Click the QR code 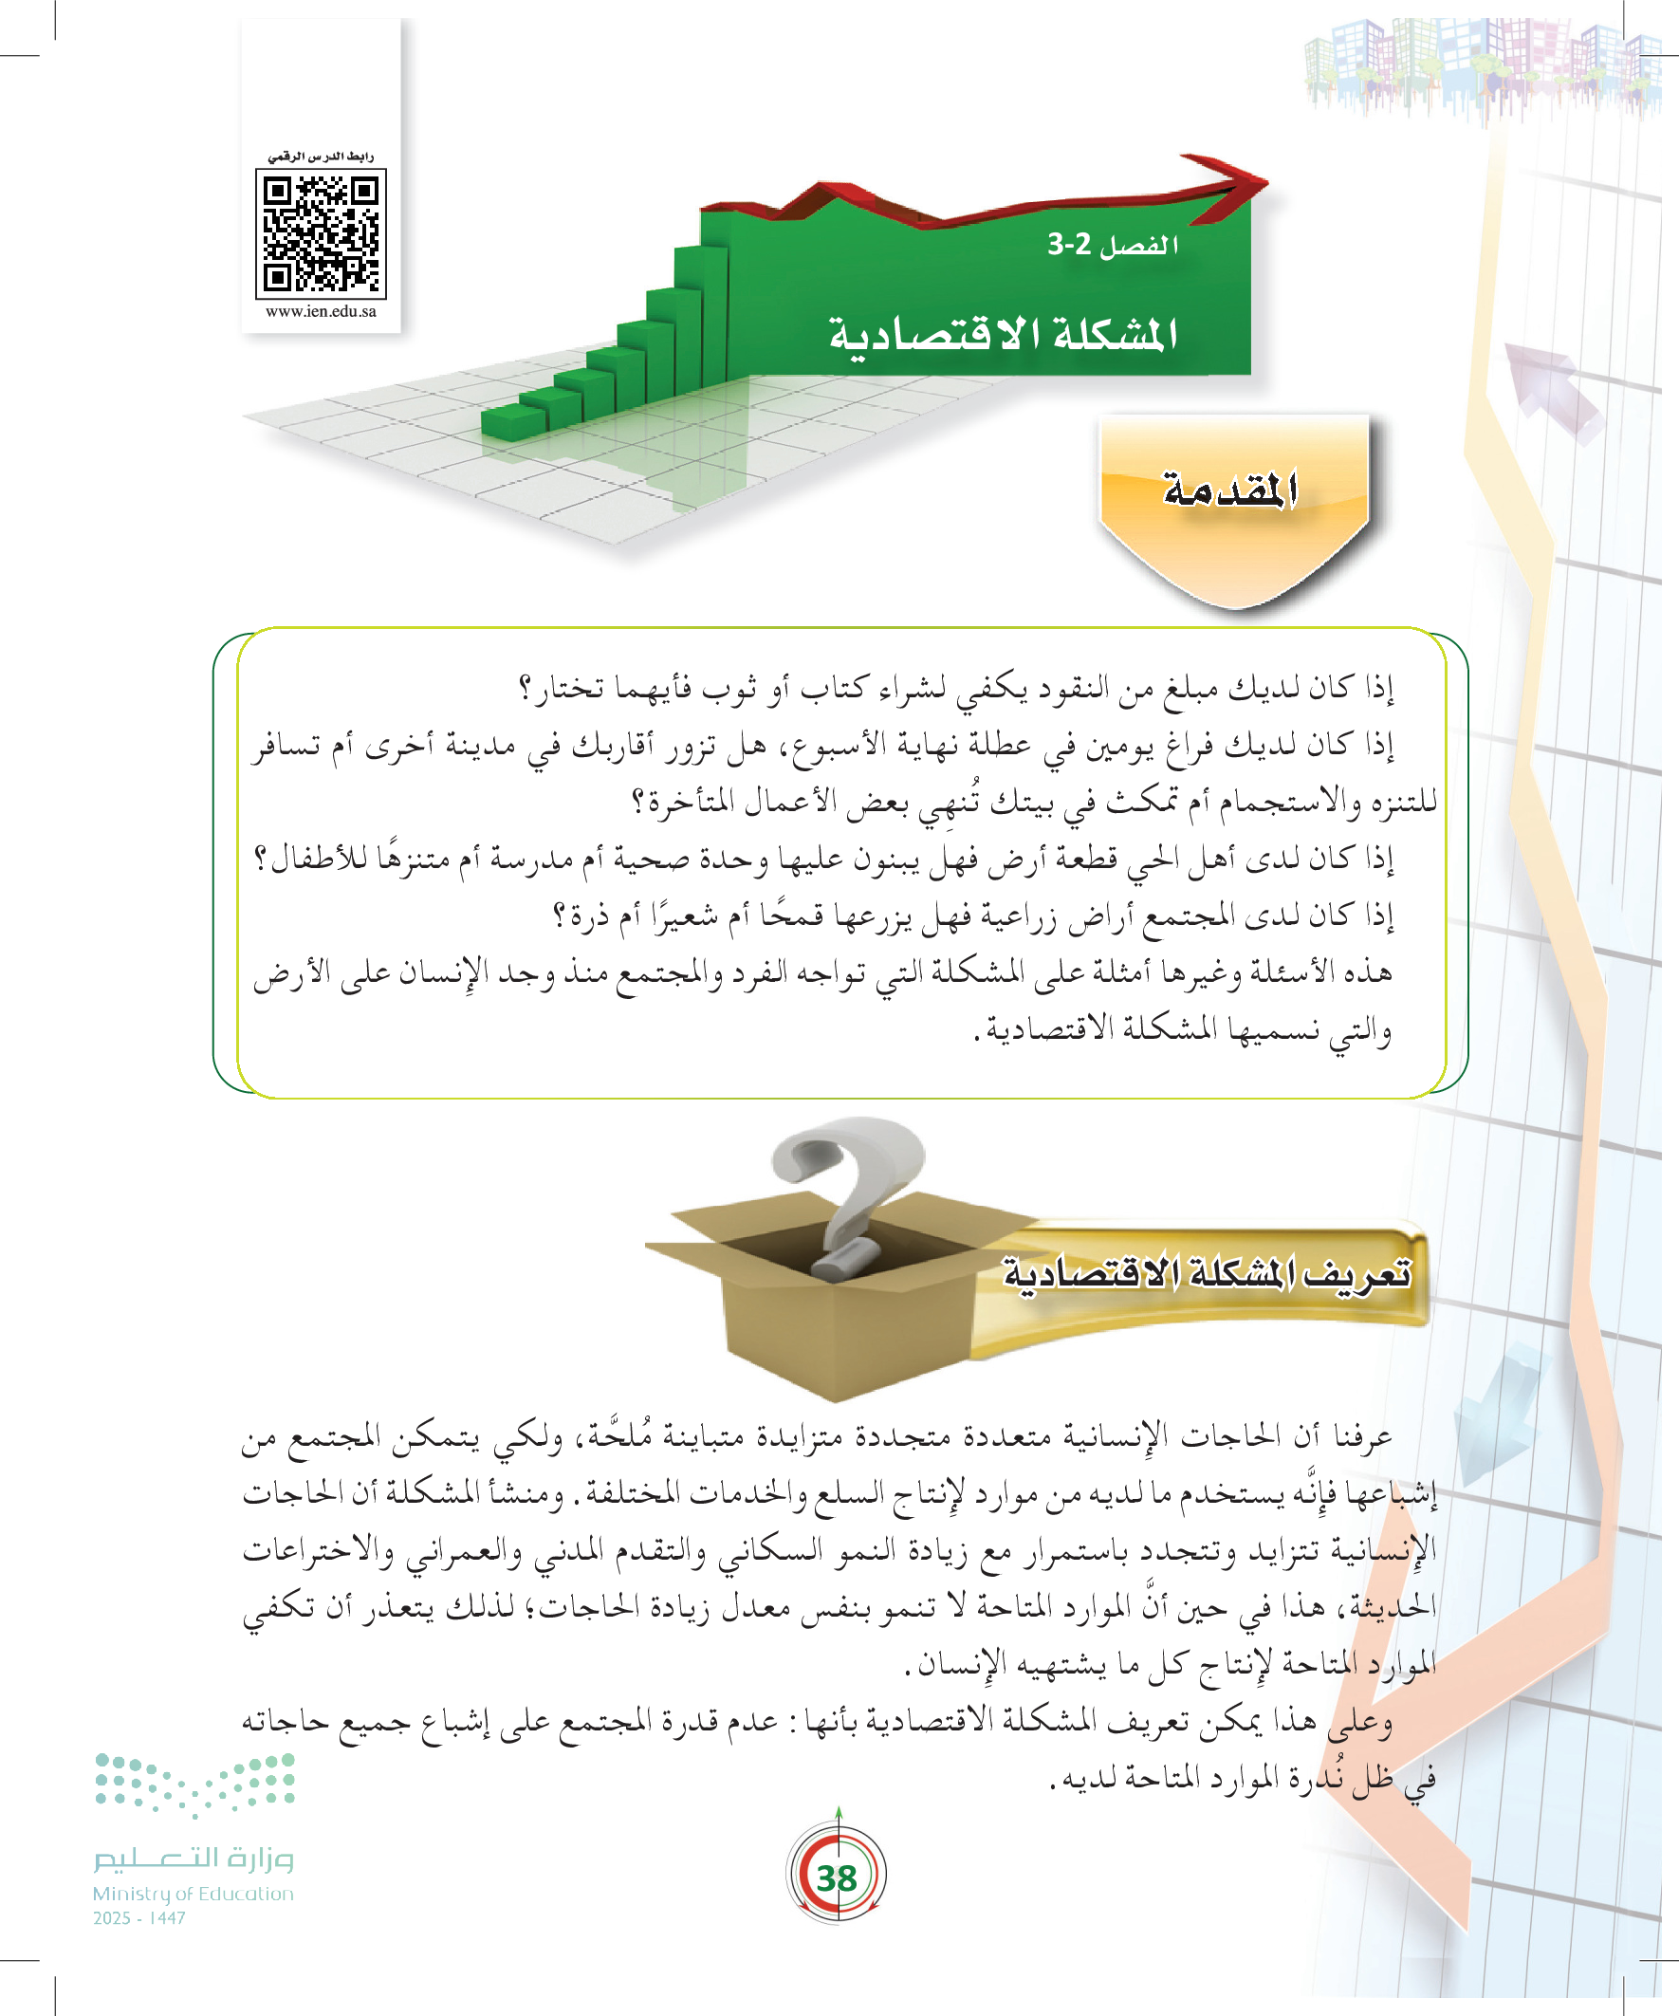[x=321, y=233]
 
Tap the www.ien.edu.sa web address [x=321, y=311]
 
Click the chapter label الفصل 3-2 [x=1113, y=245]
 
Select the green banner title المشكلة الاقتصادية [x=1004, y=335]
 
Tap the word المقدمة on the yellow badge [x=1229, y=490]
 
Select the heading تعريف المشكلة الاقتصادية [x=1207, y=1275]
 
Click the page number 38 [x=836, y=1877]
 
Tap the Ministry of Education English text [x=193, y=1894]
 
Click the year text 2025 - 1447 [x=139, y=1918]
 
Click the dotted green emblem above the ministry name [x=194, y=1784]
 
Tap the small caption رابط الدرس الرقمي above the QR [x=321, y=157]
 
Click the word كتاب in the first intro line [x=835, y=688]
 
